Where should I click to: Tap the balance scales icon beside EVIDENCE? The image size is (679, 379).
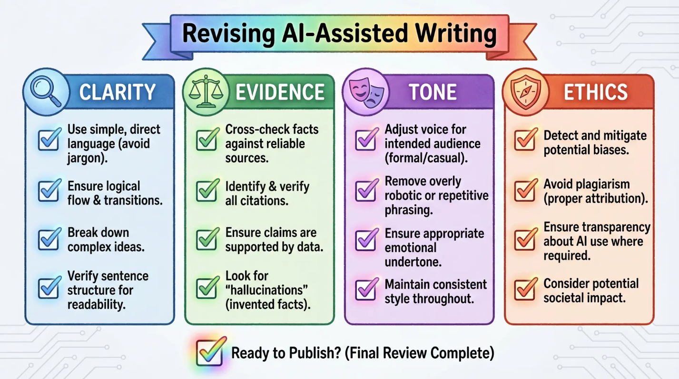coord(206,92)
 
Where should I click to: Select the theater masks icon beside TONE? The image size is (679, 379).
coord(366,92)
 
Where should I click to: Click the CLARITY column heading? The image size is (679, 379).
coord(118,92)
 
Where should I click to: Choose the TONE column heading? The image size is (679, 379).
coord(433,92)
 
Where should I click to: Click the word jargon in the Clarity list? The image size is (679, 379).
coord(86,158)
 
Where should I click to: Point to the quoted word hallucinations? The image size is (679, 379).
coord(266,290)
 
